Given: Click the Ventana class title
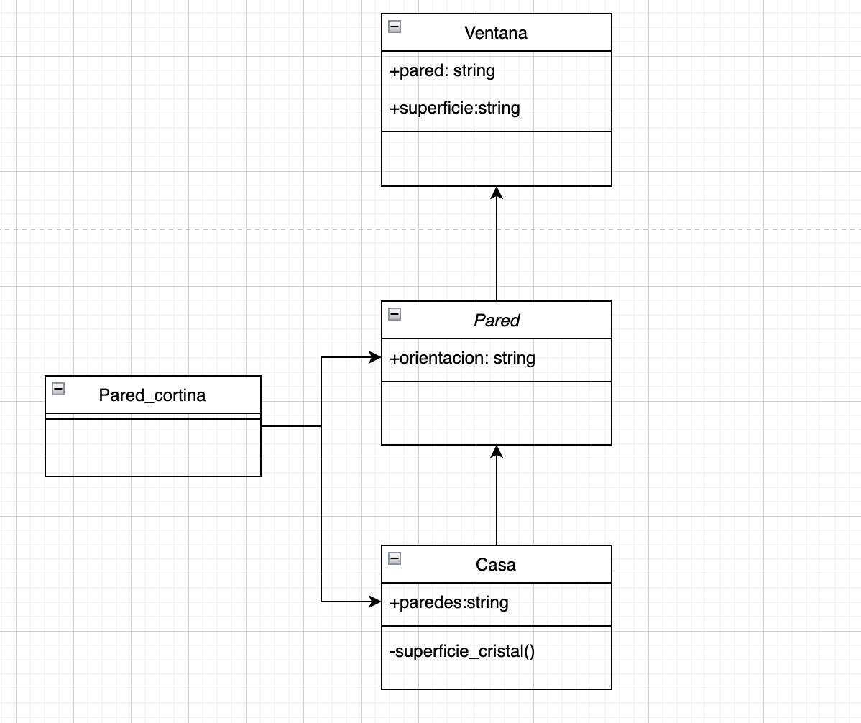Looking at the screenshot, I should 496,33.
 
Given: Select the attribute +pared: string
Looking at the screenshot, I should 442,71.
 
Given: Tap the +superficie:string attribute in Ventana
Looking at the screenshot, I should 454,109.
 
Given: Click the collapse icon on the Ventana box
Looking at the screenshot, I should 394,27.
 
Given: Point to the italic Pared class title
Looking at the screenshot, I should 496,321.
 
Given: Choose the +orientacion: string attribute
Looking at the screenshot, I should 462,358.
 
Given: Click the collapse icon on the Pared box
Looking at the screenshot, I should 394,314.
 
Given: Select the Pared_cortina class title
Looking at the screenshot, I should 152,395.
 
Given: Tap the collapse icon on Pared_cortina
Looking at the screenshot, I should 58,389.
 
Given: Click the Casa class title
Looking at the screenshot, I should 496,565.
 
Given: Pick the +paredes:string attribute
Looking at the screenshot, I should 448,602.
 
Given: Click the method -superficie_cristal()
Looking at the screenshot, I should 462,652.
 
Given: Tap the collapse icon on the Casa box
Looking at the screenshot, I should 394,558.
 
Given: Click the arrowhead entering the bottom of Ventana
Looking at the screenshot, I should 496,192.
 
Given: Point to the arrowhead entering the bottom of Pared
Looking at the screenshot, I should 496,451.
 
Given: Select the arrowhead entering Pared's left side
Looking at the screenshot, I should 375,357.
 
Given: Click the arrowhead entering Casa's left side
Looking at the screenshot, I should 375,602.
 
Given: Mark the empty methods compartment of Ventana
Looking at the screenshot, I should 496,159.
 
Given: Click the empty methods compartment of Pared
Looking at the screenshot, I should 496,413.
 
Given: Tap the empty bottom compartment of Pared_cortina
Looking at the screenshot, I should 152,448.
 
